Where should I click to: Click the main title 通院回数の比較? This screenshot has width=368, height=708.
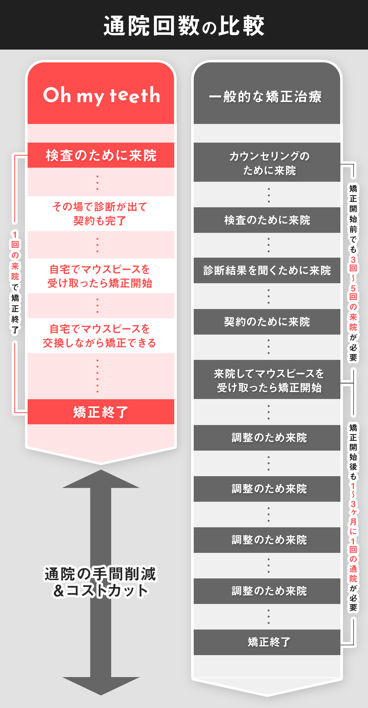click(184, 26)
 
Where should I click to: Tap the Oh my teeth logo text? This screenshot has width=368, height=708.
click(101, 95)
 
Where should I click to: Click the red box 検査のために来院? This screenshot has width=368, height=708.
click(101, 155)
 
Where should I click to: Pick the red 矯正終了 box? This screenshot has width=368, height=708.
click(101, 412)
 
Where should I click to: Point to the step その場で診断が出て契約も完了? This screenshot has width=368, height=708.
click(100, 214)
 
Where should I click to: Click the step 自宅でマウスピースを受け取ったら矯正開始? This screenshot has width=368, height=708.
click(100, 276)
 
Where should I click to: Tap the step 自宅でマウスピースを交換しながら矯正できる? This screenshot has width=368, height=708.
click(99, 336)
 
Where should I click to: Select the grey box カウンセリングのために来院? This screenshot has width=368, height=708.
click(269, 163)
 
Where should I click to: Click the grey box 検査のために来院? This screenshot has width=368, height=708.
click(267, 220)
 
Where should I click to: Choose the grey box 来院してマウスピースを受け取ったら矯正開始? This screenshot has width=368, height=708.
click(269, 380)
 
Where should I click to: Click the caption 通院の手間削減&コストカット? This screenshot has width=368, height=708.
click(100, 582)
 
